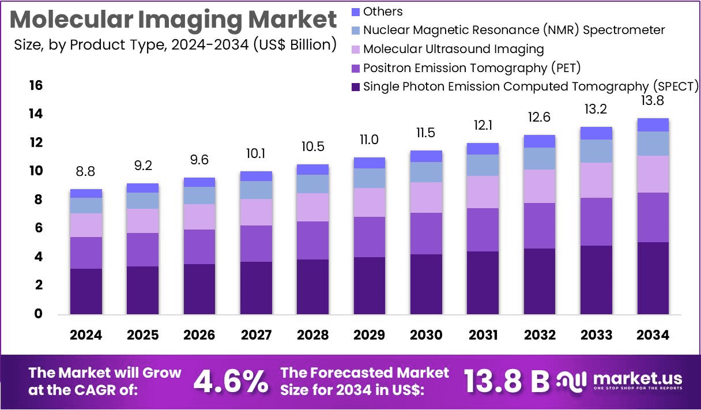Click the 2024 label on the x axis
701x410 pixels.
click(86, 335)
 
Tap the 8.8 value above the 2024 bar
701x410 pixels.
click(86, 171)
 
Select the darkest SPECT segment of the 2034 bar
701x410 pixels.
click(653, 278)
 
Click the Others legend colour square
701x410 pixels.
click(355, 12)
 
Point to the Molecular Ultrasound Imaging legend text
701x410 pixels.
click(453, 49)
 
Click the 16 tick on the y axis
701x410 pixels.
click(36, 85)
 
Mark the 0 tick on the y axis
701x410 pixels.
click(38, 314)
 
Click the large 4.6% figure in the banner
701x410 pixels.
click(230, 381)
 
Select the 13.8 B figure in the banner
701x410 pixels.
click(507, 381)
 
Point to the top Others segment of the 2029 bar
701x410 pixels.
click(370, 163)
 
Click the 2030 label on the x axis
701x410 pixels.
click(426, 335)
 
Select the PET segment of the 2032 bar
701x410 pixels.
click(540, 225)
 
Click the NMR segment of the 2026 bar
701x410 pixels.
click(199, 195)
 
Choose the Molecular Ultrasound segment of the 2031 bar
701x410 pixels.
click(483, 192)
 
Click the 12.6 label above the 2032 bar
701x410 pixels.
click(540, 117)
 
